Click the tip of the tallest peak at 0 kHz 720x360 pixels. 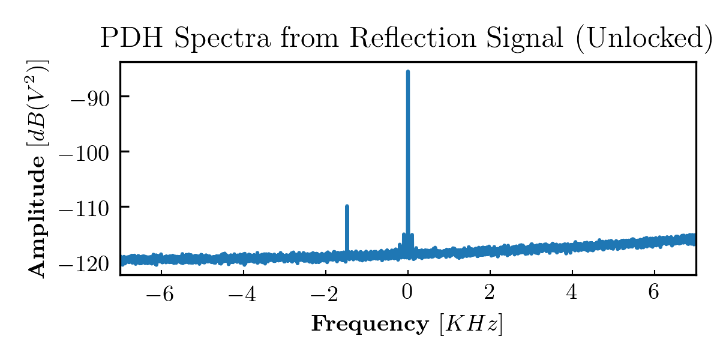[408, 71]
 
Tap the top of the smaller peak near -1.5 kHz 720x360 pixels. [347, 206]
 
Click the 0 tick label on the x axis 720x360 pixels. [408, 292]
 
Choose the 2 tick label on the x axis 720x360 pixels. [490, 292]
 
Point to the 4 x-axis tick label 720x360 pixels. [572, 292]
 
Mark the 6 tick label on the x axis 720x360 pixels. [655, 292]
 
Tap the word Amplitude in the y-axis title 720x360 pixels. [38, 222]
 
